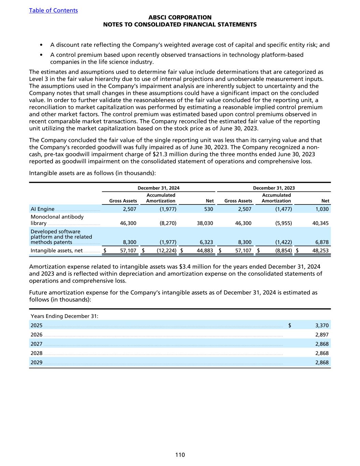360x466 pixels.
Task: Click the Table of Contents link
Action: click(53, 10)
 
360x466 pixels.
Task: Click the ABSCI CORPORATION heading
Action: click(180, 17)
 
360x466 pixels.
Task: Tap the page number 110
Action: click(180, 455)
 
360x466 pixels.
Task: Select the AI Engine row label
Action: click(43, 209)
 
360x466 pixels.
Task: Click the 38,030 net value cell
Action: click(205, 223)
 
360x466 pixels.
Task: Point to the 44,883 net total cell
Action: click(205, 251)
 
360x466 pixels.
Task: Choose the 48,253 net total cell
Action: click(320, 251)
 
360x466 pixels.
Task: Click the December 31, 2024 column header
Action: click(158, 188)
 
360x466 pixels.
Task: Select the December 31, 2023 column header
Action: click(274, 188)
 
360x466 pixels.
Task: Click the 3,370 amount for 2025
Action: click(322, 325)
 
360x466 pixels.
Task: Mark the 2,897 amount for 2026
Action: click(322, 335)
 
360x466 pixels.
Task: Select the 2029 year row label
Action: click(37, 363)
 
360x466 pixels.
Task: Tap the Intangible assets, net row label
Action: click(57, 251)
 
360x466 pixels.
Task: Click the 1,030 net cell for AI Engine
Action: click(322, 209)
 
